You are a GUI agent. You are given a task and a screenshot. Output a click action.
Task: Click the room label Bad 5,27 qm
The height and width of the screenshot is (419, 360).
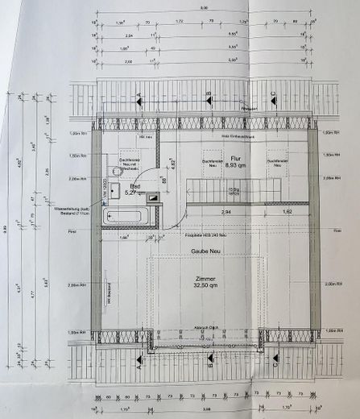coord(136,190)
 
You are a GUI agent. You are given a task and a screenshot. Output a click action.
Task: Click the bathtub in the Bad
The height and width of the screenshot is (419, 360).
coord(127,216)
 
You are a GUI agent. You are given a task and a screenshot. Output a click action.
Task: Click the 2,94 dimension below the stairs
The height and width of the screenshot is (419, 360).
coord(228,210)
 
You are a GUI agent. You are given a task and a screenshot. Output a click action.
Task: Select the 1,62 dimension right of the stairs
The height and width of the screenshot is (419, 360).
coord(288,210)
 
